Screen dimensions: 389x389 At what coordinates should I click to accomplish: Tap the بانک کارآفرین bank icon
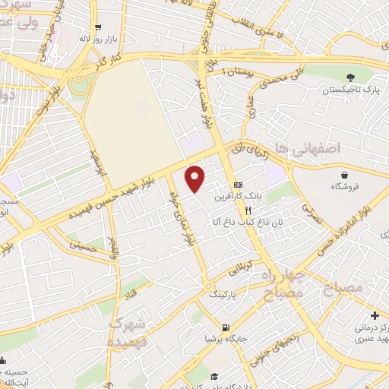pyautogui.click(x=238, y=185)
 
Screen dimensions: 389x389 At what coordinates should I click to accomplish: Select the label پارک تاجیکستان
pyautogui.click(x=349, y=90)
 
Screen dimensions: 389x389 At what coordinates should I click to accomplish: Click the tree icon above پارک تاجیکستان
pyautogui.click(x=349, y=77)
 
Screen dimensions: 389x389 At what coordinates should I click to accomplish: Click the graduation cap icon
pyautogui.click(x=215, y=376)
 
